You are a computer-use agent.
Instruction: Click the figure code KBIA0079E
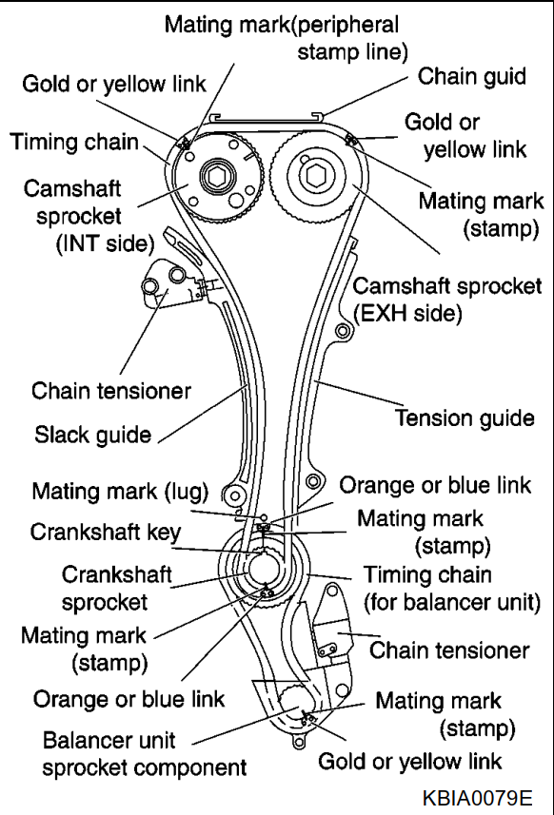click(477, 797)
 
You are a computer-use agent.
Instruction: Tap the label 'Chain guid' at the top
click(472, 76)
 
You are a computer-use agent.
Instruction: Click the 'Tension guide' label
click(465, 418)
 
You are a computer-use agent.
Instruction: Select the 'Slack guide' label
click(92, 435)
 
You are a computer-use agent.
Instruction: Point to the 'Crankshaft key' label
click(106, 533)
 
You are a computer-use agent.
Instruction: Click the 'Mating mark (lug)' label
click(120, 492)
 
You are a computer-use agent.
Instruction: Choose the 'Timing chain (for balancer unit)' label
click(452, 589)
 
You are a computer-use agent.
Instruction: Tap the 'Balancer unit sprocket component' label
click(145, 754)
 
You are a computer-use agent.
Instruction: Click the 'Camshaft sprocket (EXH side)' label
click(447, 300)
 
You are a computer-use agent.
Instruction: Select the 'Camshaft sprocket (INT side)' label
click(89, 216)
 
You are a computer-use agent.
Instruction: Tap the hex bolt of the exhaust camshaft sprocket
click(315, 175)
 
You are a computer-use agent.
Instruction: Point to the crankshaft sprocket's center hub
click(264, 568)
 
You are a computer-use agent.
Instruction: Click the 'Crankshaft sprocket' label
click(116, 589)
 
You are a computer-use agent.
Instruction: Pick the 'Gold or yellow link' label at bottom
click(410, 762)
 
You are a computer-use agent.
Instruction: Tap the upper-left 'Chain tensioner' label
click(110, 391)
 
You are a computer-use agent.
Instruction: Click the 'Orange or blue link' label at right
click(435, 485)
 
